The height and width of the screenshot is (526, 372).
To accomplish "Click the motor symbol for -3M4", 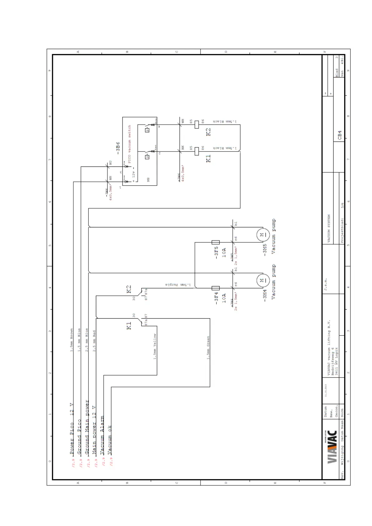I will [263, 280].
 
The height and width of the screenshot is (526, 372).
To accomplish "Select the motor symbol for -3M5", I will [263, 235].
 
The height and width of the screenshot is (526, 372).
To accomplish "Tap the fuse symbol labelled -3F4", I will [216, 288].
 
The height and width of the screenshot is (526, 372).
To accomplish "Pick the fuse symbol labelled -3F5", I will [216, 242].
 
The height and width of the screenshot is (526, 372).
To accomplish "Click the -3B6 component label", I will [118, 148].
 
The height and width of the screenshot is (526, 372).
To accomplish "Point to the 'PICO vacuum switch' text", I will [130, 142].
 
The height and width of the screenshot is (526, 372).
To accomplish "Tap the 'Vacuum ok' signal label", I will [109, 440].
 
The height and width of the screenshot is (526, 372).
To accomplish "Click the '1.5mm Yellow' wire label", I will [155, 346].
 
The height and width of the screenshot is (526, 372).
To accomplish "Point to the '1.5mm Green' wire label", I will [208, 348].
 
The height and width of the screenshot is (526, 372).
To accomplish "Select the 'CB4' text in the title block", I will [340, 135].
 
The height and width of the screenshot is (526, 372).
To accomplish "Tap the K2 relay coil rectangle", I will [197, 125].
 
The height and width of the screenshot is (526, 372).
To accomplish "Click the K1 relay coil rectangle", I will [197, 151].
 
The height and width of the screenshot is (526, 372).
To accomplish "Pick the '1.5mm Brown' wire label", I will [72, 340].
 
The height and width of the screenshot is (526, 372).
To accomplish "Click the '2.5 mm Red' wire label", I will [94, 341].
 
